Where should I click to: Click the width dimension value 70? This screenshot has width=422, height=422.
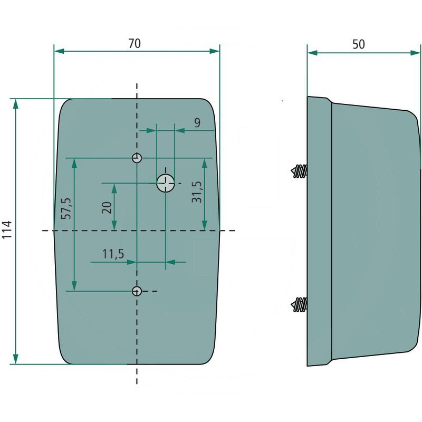pyautogui.click(x=135, y=44)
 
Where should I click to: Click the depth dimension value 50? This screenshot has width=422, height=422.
pyautogui.click(x=359, y=44)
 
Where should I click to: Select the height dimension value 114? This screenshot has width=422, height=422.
pyautogui.click(x=7, y=231)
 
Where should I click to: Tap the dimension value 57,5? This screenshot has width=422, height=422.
pyautogui.click(x=66, y=209)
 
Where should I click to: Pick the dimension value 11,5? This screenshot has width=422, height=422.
pyautogui.click(x=112, y=254)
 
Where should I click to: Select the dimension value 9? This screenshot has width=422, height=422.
pyautogui.click(x=197, y=123)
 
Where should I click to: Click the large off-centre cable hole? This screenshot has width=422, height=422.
pyautogui.click(x=166, y=183)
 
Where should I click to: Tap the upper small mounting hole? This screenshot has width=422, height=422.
pyautogui.click(x=137, y=158)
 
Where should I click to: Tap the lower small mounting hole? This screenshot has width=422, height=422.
pyautogui.click(x=137, y=291)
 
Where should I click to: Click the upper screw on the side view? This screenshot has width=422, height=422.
pyautogui.click(x=299, y=171)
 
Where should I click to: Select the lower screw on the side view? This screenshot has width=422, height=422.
pyautogui.click(x=299, y=305)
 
